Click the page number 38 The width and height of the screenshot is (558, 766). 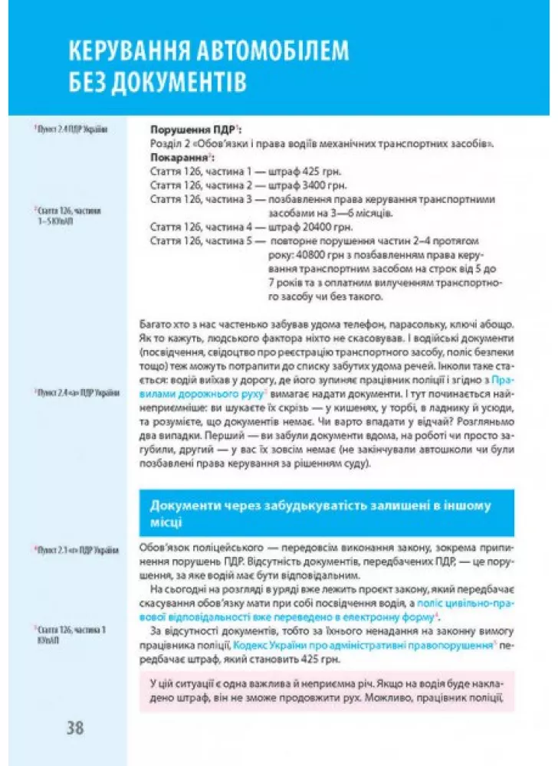click(74, 728)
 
